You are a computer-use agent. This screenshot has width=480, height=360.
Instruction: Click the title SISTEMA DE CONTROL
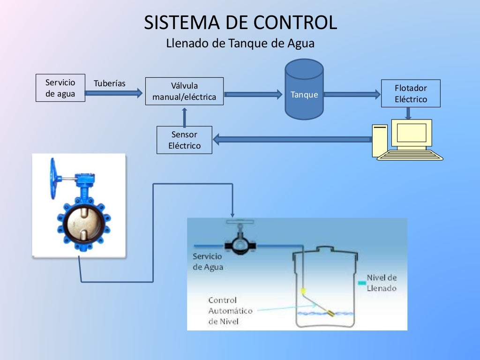coord(240,23)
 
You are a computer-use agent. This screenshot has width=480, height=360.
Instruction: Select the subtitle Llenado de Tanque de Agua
coord(240,44)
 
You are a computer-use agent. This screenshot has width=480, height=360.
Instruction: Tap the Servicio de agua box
coord(60,88)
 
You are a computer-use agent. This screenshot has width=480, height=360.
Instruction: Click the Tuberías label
coord(110,83)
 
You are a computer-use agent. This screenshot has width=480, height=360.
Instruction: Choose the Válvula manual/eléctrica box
coord(184,91)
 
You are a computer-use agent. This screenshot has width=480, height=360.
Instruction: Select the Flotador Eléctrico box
coord(411,93)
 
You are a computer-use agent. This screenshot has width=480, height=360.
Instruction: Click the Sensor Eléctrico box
coord(184,140)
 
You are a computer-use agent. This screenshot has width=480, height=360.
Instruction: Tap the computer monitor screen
coord(412,133)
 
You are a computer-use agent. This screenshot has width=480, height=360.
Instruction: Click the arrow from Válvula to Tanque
coord(254,94)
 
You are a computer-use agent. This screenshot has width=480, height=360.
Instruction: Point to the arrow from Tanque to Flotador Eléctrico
coord(352,94)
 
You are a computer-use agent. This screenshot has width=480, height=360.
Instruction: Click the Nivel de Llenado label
coord(381,283)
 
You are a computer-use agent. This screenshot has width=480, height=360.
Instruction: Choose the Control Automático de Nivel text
coord(230,311)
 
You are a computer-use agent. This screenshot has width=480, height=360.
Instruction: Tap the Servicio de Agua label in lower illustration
coord(208,262)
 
